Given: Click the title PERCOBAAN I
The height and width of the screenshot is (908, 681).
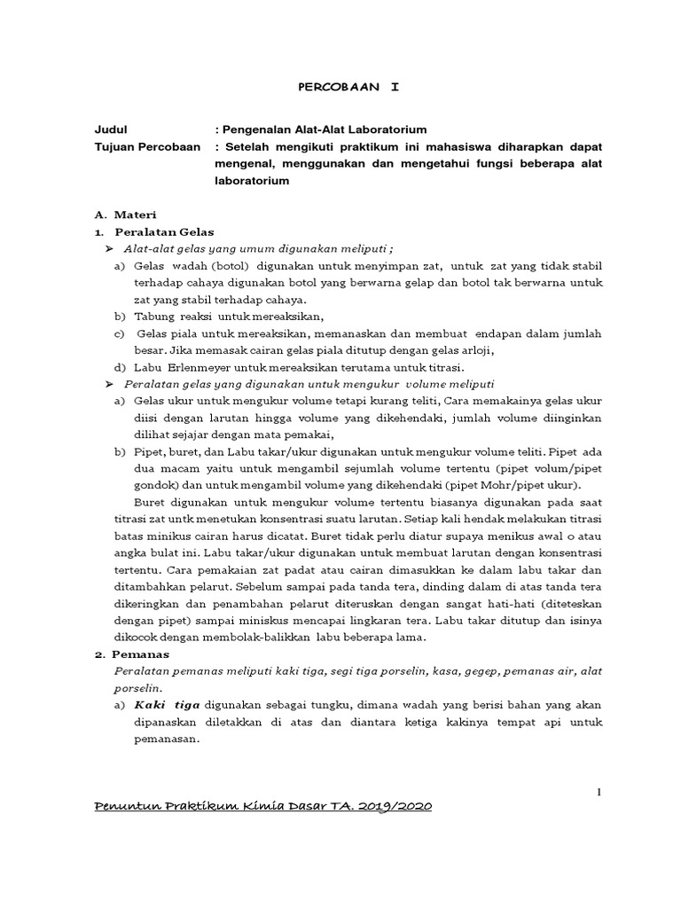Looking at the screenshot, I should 347,88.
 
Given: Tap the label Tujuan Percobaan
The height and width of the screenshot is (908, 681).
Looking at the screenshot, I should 148,146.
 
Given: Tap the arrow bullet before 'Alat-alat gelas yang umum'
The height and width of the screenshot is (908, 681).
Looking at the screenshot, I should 110,249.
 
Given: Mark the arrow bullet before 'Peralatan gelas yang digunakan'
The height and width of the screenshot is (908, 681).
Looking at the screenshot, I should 110,384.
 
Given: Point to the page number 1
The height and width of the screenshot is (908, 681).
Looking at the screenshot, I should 599,792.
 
